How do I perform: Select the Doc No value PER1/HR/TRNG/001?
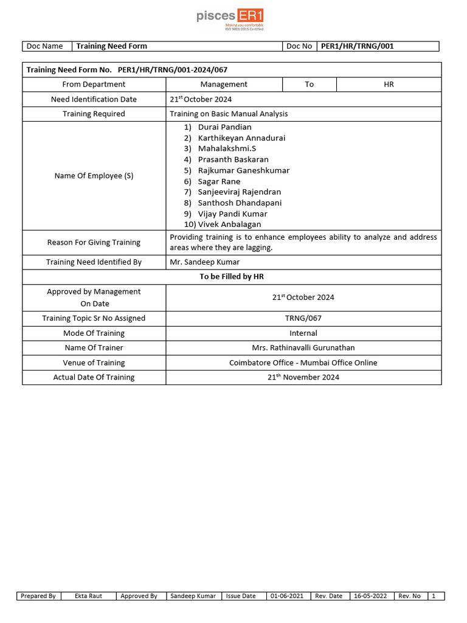tap(353, 46)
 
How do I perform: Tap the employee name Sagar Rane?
tap(219, 181)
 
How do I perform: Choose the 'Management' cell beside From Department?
tap(224, 85)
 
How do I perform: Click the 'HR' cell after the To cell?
tap(389, 85)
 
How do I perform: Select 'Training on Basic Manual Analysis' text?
tap(229, 114)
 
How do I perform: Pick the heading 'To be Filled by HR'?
tap(232, 277)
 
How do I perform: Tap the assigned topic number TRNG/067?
tap(303, 318)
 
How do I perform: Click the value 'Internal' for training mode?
tap(303, 333)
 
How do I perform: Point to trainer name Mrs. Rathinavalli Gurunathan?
tap(303, 348)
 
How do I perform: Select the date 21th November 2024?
tap(303, 377)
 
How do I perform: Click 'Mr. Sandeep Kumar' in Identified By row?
tap(204, 262)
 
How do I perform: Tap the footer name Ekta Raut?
tap(88, 596)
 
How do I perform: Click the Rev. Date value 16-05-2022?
tap(371, 596)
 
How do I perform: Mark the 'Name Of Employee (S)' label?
tap(94, 176)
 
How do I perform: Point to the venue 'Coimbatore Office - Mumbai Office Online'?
tap(303, 363)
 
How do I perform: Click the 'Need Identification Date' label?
tap(94, 99)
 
